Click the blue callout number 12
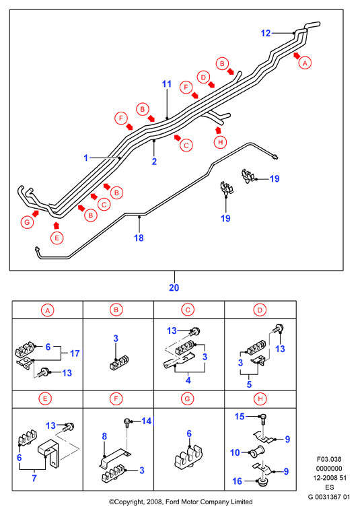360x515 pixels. point(266,33)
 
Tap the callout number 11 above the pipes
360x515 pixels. point(167,84)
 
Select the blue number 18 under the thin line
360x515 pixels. point(139,238)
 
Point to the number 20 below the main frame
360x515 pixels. point(174,287)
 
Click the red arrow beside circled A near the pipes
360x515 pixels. point(297,55)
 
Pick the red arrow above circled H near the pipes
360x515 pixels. point(218,130)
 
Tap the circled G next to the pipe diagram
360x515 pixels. point(27,222)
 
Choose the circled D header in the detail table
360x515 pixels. point(260,310)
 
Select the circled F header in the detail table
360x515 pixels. point(116,399)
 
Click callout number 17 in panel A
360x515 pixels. point(75,353)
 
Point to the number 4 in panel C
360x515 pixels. point(188,380)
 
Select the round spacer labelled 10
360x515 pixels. point(256,452)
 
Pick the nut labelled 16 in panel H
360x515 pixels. point(262,482)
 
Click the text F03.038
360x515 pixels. point(329,459)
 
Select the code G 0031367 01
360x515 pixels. point(329,497)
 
